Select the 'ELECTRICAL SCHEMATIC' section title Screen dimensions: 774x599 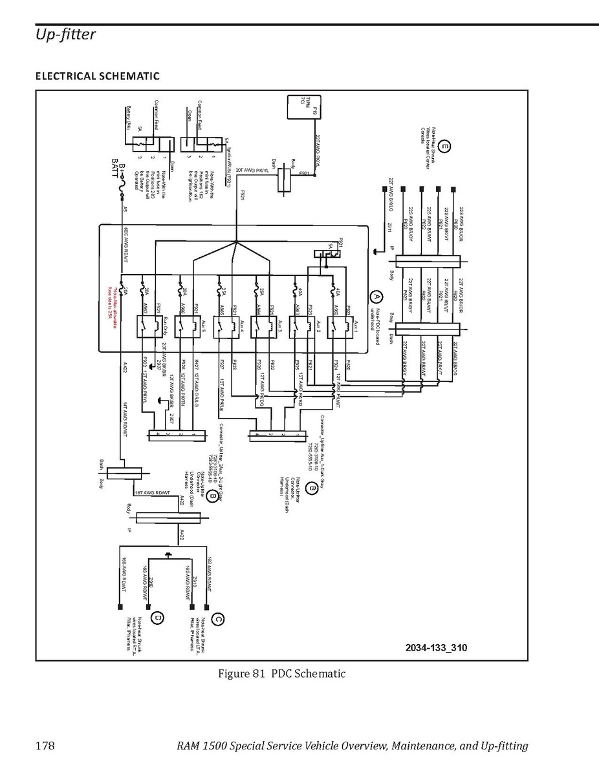(x=97, y=76)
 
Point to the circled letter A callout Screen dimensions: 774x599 (x=376, y=297)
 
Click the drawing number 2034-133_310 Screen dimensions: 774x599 (x=436, y=647)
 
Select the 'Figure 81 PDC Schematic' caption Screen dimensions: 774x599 (x=281, y=675)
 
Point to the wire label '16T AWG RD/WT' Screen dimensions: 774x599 (x=153, y=492)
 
